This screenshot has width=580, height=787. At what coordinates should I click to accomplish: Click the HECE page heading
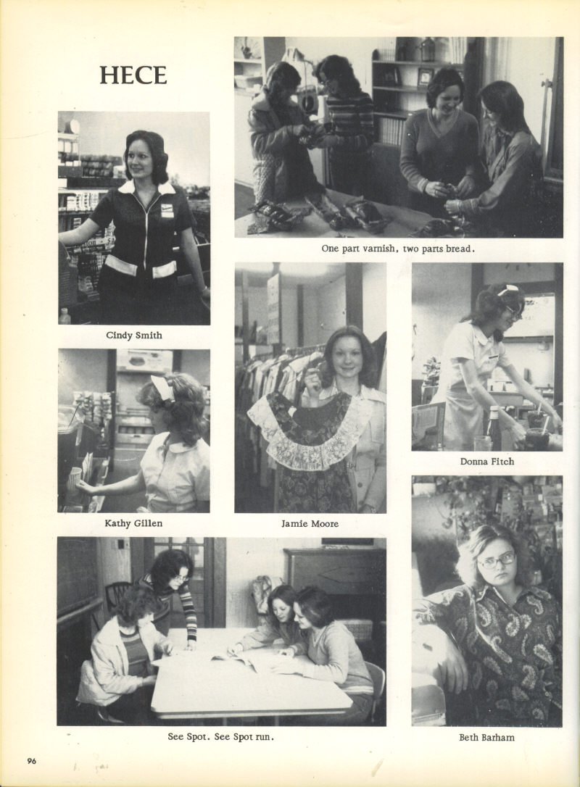point(133,76)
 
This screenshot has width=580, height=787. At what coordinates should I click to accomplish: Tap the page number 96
point(32,761)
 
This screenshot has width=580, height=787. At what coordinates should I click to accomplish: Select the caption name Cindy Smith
point(134,336)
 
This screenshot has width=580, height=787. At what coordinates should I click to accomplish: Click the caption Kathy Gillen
point(133,523)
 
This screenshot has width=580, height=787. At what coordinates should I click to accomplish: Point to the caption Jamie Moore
point(310,523)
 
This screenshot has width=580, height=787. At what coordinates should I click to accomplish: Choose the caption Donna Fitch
point(487,462)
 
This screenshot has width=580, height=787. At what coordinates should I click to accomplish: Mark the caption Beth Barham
point(486,737)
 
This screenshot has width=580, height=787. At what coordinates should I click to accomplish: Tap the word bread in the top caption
point(458,248)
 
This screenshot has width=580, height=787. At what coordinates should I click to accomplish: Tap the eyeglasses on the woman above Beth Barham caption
point(497,559)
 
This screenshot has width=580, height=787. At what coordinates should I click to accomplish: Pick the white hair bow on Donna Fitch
point(507,290)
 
